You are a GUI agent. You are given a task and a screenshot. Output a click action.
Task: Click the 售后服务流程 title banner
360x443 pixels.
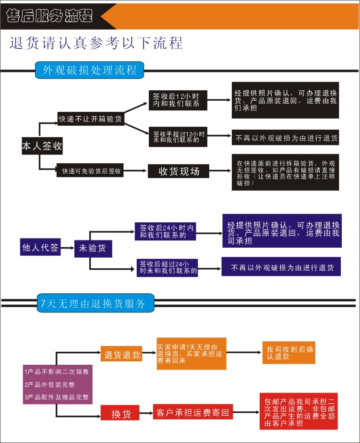[50, 16]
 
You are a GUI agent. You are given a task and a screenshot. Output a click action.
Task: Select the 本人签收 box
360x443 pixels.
[42, 146]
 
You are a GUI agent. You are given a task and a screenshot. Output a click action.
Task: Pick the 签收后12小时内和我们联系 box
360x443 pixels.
[176, 99]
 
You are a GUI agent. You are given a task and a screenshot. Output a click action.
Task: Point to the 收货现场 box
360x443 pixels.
[179, 170]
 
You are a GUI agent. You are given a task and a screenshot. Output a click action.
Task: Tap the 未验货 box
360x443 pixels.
[93, 248]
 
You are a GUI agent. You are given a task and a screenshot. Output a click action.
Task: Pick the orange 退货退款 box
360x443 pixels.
[122, 355]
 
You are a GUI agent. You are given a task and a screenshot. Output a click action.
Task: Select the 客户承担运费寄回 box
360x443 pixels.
[192, 412]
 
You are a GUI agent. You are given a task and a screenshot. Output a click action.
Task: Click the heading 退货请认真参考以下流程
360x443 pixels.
[96, 43]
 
